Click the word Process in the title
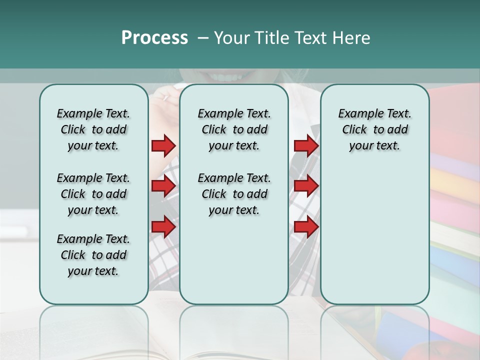pyautogui.click(x=154, y=38)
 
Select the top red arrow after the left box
pyautogui.click(x=163, y=145)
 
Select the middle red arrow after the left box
pyautogui.click(x=163, y=186)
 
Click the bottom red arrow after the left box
pyautogui.click(x=163, y=227)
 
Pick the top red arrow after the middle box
pyautogui.click(x=306, y=145)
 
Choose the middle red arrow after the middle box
pyautogui.click(x=306, y=186)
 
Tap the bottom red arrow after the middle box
pyautogui.click(x=306, y=227)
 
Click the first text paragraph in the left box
pyautogui.click(x=93, y=129)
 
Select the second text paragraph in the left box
pyautogui.click(x=93, y=194)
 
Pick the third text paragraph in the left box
pyautogui.click(x=93, y=255)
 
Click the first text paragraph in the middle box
pyautogui.click(x=234, y=129)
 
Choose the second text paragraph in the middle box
pyautogui.click(x=234, y=194)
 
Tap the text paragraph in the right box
pyautogui.click(x=374, y=129)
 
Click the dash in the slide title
pyautogui.click(x=203, y=38)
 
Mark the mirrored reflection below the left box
pyautogui.click(x=93, y=325)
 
